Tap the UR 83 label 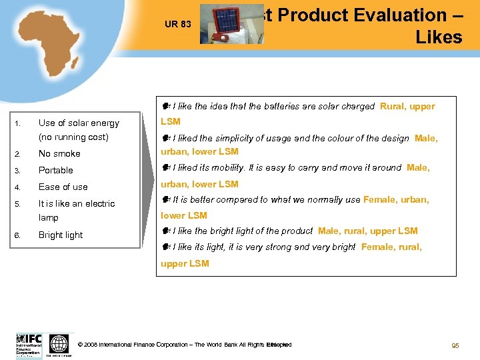(x=178, y=25)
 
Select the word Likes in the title (x=438, y=37)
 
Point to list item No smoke (x=59, y=153)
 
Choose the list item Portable (x=56, y=170)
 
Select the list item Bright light (x=61, y=235)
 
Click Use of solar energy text (x=79, y=123)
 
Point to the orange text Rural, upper (x=407, y=106)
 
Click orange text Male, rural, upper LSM (x=368, y=231)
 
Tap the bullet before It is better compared (x=165, y=199)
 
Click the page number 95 (x=455, y=345)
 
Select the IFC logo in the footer (x=29, y=345)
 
